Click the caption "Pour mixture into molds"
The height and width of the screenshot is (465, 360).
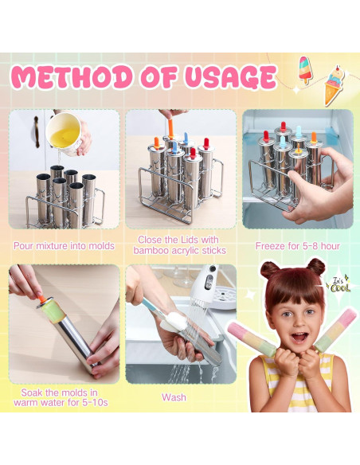64,245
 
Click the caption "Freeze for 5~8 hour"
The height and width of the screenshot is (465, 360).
297,245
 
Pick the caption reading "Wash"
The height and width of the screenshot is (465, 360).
174,397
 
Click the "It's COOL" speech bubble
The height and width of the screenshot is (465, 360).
338,285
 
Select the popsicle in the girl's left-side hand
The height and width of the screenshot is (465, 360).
252,338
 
